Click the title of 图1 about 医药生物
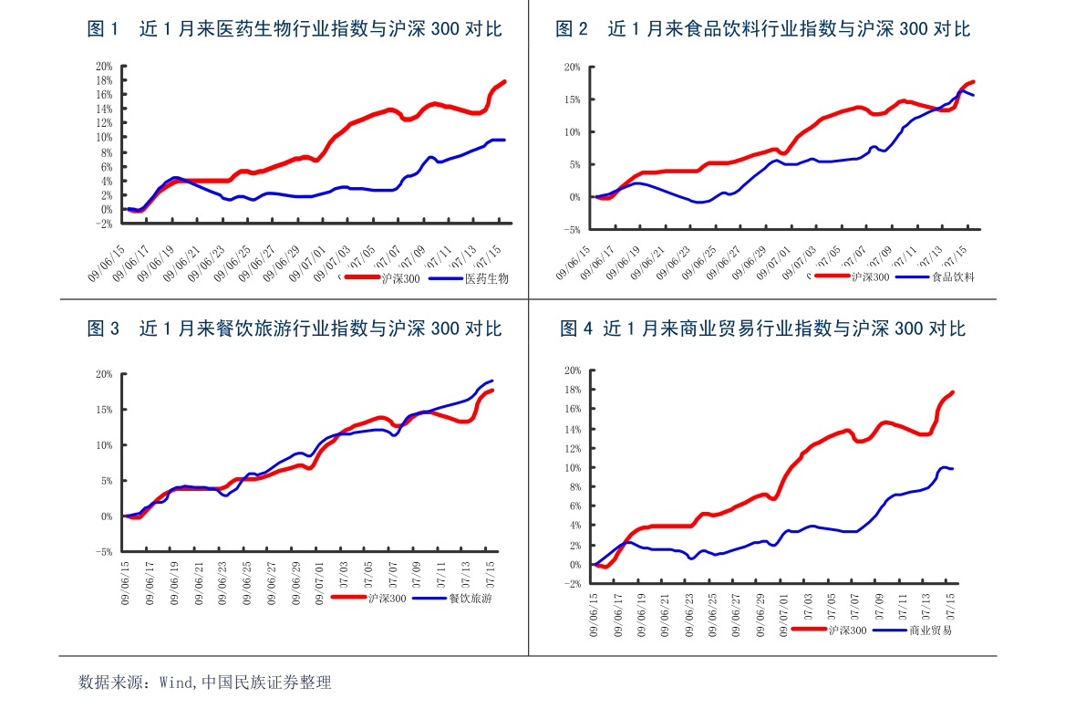click(x=294, y=29)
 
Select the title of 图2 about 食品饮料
click(x=762, y=29)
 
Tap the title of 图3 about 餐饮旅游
click(x=294, y=328)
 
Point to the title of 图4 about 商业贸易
click(x=762, y=328)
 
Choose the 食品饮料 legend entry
click(x=953, y=276)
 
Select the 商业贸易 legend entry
click(x=930, y=631)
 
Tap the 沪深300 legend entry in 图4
click(x=847, y=631)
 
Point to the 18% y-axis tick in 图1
click(x=103, y=80)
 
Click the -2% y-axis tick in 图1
click(x=103, y=224)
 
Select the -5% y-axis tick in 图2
click(x=571, y=229)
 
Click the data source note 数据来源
click(x=204, y=682)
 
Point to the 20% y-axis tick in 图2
click(x=572, y=67)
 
